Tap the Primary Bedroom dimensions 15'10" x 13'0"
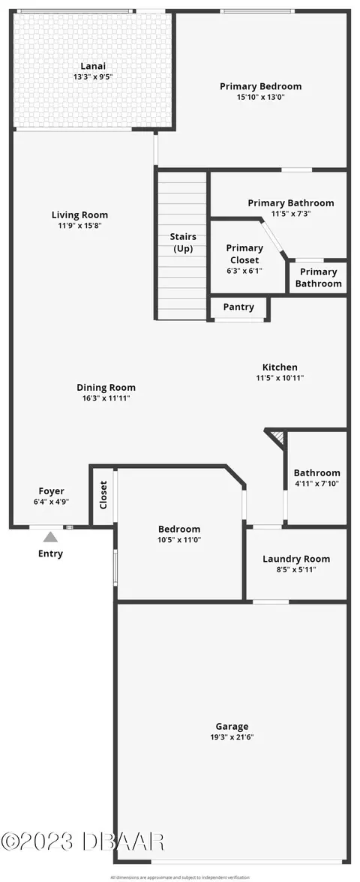pyautogui.click(x=260, y=97)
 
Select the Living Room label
pyautogui.click(x=79, y=214)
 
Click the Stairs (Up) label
pyautogui.click(x=183, y=242)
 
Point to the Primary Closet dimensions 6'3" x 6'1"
pyautogui.click(x=244, y=270)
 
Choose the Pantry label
pyautogui.click(x=238, y=307)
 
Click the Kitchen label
pyautogui.click(x=280, y=367)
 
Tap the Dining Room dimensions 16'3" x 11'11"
pyautogui.click(x=106, y=397)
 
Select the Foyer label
pyautogui.click(x=51, y=491)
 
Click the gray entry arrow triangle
pyautogui.click(x=51, y=537)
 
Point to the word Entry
pyautogui.click(x=51, y=553)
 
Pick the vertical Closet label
pyautogui.click(x=103, y=495)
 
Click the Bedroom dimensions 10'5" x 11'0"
pyautogui.click(x=179, y=539)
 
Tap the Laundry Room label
pyautogui.click(x=296, y=559)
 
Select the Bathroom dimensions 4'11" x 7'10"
pyautogui.click(x=316, y=483)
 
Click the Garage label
pyautogui.click(x=232, y=727)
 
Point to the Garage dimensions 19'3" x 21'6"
pyautogui.click(x=232, y=737)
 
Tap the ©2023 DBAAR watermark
pyautogui.click(x=82, y=841)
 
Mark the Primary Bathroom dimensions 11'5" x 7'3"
pyautogui.click(x=291, y=214)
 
